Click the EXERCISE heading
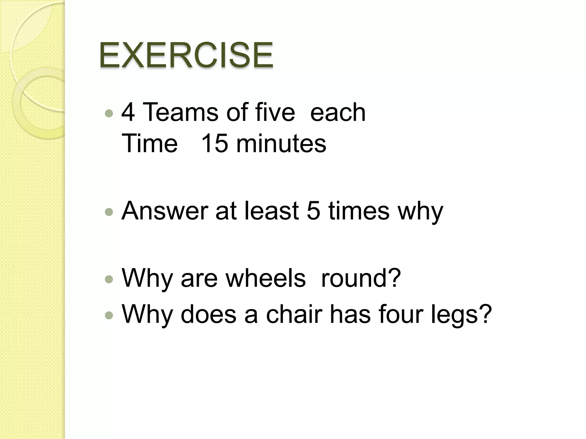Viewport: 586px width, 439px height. pyautogui.click(x=186, y=55)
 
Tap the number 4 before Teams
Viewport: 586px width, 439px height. pyautogui.click(x=128, y=112)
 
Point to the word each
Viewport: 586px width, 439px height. pyautogui.click(x=338, y=112)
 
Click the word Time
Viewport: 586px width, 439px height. pyautogui.click(x=150, y=143)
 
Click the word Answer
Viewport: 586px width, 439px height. pyautogui.click(x=165, y=211)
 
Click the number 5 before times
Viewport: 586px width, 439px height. pyautogui.click(x=313, y=211)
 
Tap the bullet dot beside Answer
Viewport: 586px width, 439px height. pyautogui.click(x=109, y=212)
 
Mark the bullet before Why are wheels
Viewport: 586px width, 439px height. pyautogui.click(x=109, y=279)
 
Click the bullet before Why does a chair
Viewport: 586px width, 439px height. pyautogui.click(x=109, y=315)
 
